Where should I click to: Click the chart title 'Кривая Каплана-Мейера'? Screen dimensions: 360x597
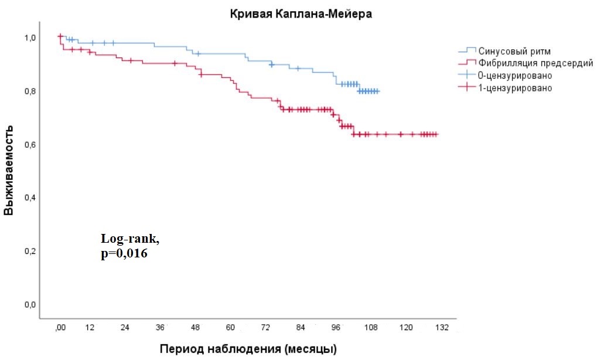pyautogui.click(x=301, y=15)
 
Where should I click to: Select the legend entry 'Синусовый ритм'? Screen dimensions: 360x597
pyautogui.click(x=514, y=51)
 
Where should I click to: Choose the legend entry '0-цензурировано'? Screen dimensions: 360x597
pyautogui.click(x=515, y=76)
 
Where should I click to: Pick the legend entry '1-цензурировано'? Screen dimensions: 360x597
pyautogui.click(x=515, y=88)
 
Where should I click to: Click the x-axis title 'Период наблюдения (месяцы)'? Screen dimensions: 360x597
pyautogui.click(x=248, y=349)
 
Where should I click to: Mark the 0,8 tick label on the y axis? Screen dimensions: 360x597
pyautogui.click(x=30, y=91)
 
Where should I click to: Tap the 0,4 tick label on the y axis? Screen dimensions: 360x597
pyautogui.click(x=30, y=198)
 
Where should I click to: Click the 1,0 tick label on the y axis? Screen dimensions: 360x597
pyautogui.click(x=30, y=38)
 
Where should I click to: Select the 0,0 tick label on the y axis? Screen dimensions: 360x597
pyautogui.click(x=30, y=305)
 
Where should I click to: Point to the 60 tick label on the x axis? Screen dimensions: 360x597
pyautogui.click(x=230, y=327)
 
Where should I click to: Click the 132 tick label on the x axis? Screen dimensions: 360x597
pyautogui.click(x=441, y=327)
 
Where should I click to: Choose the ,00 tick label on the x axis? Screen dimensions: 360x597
pyautogui.click(x=59, y=327)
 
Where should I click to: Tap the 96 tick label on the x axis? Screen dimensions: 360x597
pyautogui.click(x=336, y=327)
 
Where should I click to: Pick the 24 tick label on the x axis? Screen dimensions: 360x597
pyautogui.click(x=125, y=327)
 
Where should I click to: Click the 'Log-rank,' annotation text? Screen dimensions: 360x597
pyautogui.click(x=130, y=239)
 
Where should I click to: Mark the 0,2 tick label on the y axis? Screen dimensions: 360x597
pyautogui.click(x=30, y=252)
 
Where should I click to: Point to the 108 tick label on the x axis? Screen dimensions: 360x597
pyautogui.click(x=370, y=327)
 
